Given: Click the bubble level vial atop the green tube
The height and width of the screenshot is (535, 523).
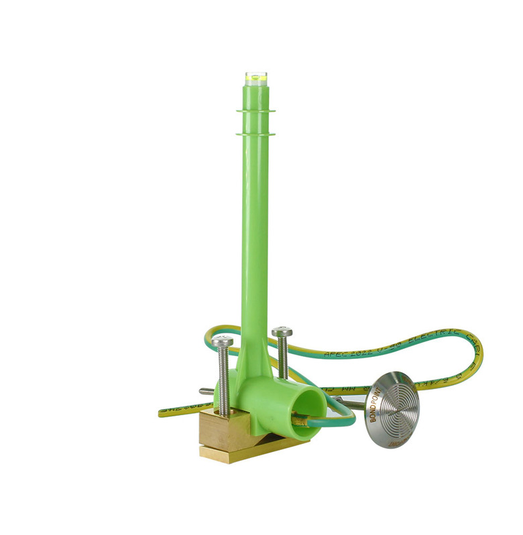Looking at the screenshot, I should pyautogui.click(x=255, y=78).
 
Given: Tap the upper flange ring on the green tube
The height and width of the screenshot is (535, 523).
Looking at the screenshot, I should pyautogui.click(x=255, y=110).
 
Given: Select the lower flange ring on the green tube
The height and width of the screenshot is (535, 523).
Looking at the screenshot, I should pyautogui.click(x=255, y=134).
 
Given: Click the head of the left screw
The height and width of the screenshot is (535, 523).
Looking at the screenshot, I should pyautogui.click(x=222, y=342).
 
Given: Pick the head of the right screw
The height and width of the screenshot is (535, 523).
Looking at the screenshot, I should pyautogui.click(x=282, y=332).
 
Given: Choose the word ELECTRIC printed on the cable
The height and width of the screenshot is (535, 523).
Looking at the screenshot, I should pyautogui.click(x=435, y=334).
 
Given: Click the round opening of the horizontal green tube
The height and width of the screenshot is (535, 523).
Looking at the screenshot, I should pyautogui.click(x=309, y=408).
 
